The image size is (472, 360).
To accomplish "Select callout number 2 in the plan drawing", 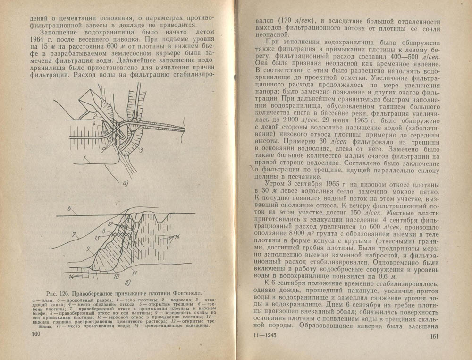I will click(94, 115).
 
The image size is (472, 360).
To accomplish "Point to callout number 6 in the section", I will click(68, 208).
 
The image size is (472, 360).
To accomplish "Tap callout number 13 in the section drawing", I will click(98, 239).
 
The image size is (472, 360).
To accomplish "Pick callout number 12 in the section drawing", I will click(109, 223).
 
